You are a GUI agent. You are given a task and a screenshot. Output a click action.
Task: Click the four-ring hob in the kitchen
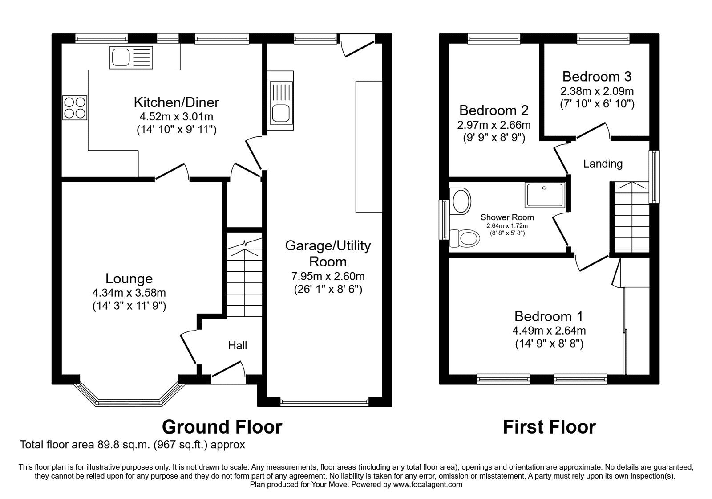(75, 108)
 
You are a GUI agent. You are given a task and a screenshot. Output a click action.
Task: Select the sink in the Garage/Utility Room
(280, 100)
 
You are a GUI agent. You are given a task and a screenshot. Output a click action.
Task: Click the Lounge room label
(129, 279)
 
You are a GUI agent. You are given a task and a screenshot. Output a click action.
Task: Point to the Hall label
(237, 346)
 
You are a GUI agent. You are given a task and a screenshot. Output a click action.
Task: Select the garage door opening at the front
(325, 403)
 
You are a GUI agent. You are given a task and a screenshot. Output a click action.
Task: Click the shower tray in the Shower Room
(545, 195)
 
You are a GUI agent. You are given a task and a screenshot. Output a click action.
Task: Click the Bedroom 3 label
(597, 77)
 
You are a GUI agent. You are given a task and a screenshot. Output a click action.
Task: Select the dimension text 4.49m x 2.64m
(549, 331)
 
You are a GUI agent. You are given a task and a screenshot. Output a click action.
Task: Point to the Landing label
(603, 164)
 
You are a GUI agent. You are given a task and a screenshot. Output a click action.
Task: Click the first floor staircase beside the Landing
(631, 218)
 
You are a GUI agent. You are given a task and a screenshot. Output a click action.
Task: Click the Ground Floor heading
(222, 427)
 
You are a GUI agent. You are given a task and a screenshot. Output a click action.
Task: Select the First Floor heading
(549, 427)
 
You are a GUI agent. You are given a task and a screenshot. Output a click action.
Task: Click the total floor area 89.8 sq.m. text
(132, 445)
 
